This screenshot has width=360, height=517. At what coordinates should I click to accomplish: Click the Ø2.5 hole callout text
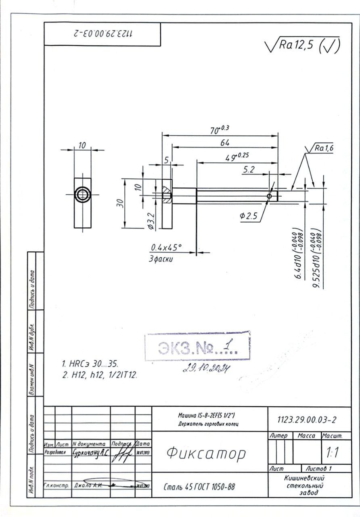(x=249, y=216)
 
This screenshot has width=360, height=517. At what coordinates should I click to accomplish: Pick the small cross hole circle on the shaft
(x=270, y=196)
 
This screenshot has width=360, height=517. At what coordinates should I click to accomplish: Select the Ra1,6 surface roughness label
(x=324, y=149)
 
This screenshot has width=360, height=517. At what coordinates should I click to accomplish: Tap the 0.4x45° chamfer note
(x=166, y=247)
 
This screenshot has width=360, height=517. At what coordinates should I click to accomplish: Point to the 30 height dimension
(x=120, y=203)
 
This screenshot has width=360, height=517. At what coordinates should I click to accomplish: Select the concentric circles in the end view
(x=82, y=194)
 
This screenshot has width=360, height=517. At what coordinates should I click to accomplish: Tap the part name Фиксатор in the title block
(x=206, y=454)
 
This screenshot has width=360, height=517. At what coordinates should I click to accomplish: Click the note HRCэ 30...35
(x=90, y=364)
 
